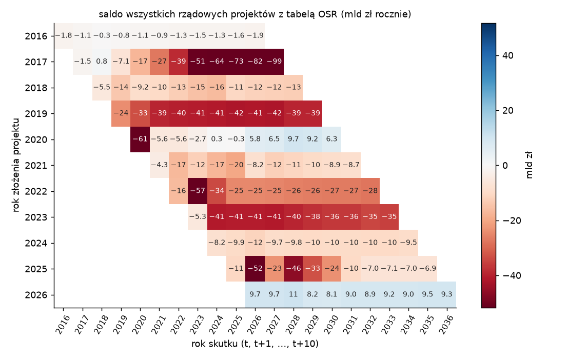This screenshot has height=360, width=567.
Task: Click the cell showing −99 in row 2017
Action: click(274, 62)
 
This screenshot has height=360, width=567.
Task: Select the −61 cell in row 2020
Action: click(140, 139)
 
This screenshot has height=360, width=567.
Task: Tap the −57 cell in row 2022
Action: click(198, 191)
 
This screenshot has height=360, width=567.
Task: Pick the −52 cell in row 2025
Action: click(255, 269)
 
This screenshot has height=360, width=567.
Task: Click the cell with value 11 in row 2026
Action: click(294, 294)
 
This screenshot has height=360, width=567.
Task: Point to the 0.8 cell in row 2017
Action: click(102, 62)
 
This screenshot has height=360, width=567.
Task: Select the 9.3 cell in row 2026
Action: click(446, 294)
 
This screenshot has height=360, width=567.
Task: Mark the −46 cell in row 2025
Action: click(294, 269)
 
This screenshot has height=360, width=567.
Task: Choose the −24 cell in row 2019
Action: click(121, 113)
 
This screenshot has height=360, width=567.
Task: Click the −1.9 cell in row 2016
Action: click(255, 35)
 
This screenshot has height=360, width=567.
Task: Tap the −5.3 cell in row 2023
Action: click(198, 217)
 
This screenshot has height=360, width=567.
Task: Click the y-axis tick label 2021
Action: click(36, 166)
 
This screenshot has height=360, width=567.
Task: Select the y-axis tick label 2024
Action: click(36, 243)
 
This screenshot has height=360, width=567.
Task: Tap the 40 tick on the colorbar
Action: click(507, 56)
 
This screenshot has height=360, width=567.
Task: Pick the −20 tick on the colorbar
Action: click(511, 221)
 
